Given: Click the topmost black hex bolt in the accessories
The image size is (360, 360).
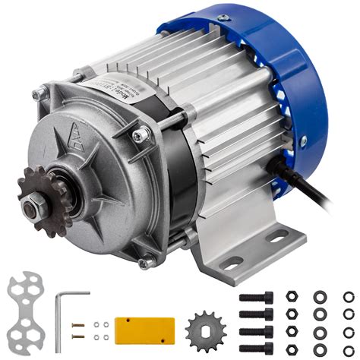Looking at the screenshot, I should coord(255,297).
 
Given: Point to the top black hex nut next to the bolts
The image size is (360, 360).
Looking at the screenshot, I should coord(292,297).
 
